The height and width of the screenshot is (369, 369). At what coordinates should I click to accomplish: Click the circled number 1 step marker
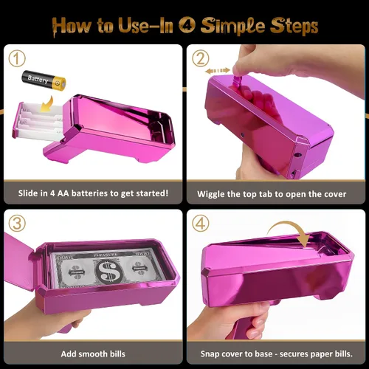[x=17, y=59]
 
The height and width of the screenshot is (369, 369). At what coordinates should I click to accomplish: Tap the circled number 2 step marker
[x=201, y=59]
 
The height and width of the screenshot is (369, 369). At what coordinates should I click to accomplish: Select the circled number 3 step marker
[x=17, y=224]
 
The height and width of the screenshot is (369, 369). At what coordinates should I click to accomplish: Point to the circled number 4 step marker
[x=201, y=224]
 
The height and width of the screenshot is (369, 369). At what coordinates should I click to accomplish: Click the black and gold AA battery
[x=44, y=80]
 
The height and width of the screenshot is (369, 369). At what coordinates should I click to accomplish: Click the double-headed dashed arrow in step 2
[x=218, y=71]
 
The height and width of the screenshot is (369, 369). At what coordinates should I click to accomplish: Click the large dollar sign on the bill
[x=109, y=272]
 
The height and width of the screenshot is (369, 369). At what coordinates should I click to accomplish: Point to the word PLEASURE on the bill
[x=106, y=255]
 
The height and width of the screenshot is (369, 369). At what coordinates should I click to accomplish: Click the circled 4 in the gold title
[x=187, y=25]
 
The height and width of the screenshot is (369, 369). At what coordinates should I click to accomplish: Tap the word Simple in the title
[x=232, y=27]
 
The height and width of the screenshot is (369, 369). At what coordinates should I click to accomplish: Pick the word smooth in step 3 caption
[x=93, y=354]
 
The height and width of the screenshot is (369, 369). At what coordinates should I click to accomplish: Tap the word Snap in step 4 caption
[x=210, y=354]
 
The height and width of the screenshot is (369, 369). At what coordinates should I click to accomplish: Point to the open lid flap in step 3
[x=19, y=261]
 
